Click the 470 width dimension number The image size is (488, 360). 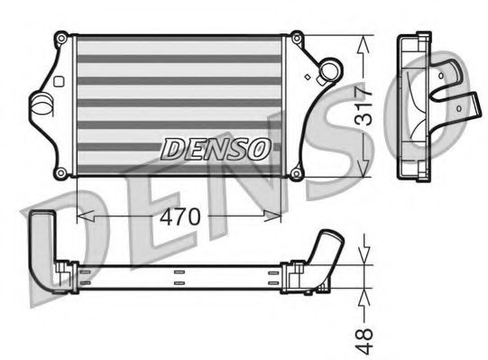point(180,217)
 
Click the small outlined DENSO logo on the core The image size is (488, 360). point(214,147)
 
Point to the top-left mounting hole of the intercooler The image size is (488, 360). point(60,38)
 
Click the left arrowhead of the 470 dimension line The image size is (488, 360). point(84,217)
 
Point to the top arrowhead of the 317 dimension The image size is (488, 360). point(364,42)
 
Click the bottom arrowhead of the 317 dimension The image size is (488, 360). point(364,171)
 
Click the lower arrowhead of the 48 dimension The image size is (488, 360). point(364,295)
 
